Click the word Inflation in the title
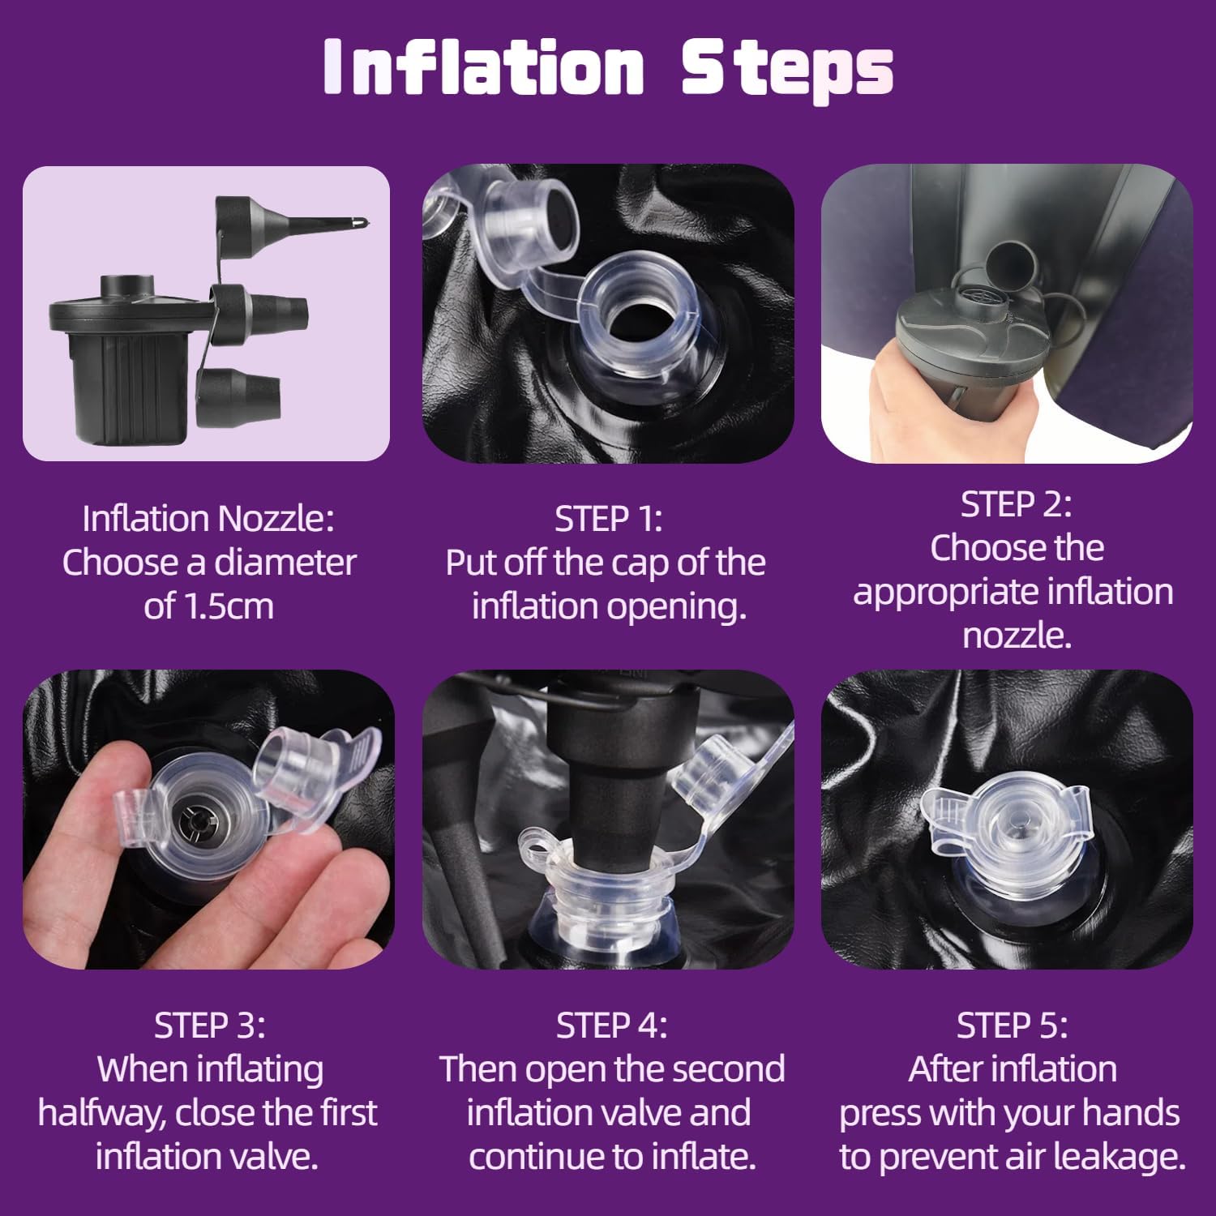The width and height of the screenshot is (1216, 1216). coord(483,66)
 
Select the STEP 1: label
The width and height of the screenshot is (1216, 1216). coord(608,519)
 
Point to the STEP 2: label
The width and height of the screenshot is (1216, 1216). coord(1016,504)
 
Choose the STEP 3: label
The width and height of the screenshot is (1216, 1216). coord(209,1025)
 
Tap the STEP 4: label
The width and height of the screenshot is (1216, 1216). coord(611,1025)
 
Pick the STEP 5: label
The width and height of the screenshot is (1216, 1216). coord(1012,1025)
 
